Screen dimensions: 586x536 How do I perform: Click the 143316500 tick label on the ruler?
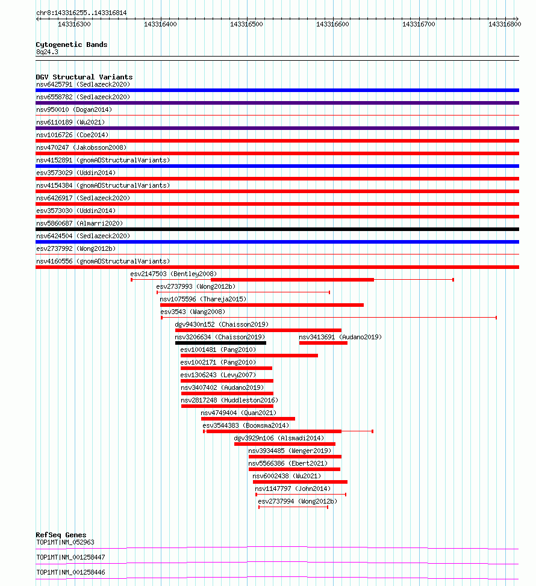click(x=247, y=24)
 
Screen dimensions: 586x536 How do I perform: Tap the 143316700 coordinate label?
click(x=419, y=24)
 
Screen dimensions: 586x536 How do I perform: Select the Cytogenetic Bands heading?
click(x=72, y=45)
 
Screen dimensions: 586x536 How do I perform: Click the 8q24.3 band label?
click(x=47, y=52)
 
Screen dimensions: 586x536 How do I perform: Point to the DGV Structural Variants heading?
click(x=84, y=77)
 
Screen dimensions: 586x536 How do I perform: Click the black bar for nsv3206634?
click(x=220, y=342)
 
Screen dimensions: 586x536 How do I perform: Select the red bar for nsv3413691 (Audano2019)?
click(x=323, y=342)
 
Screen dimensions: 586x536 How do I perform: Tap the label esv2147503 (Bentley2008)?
click(x=173, y=274)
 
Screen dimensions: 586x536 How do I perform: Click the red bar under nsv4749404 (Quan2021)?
click(x=248, y=418)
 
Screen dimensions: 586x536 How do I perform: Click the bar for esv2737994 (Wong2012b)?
click(x=293, y=507)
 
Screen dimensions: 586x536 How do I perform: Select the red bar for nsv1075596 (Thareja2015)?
click(x=262, y=305)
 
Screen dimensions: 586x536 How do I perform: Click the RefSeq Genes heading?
click(x=61, y=535)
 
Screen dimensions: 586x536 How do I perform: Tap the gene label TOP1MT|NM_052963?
click(x=65, y=542)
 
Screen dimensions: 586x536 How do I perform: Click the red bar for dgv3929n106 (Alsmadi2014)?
click(x=285, y=444)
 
